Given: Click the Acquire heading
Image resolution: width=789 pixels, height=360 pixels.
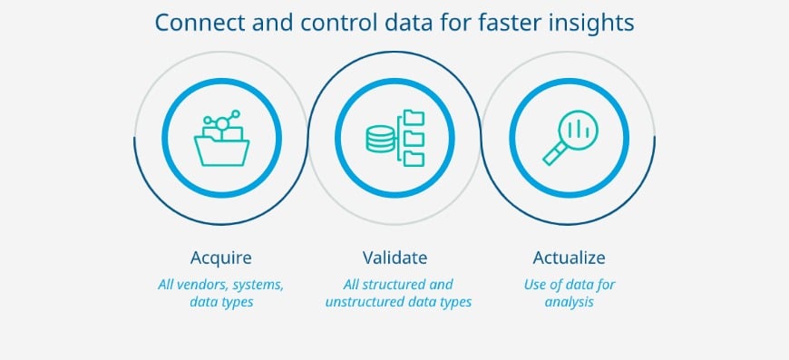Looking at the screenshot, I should pyautogui.click(x=221, y=257).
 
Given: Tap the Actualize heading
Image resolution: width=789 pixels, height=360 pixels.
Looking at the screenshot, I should pyautogui.click(x=569, y=257).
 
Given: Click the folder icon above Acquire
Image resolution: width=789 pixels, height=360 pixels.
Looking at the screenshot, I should pyautogui.click(x=221, y=145).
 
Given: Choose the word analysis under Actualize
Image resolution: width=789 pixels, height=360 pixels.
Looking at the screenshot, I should pyautogui.click(x=569, y=302).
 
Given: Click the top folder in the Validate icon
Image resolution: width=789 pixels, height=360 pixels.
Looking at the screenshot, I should pyautogui.click(x=414, y=117).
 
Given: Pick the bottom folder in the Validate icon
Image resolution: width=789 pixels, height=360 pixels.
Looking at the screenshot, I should pyautogui.click(x=414, y=158).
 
